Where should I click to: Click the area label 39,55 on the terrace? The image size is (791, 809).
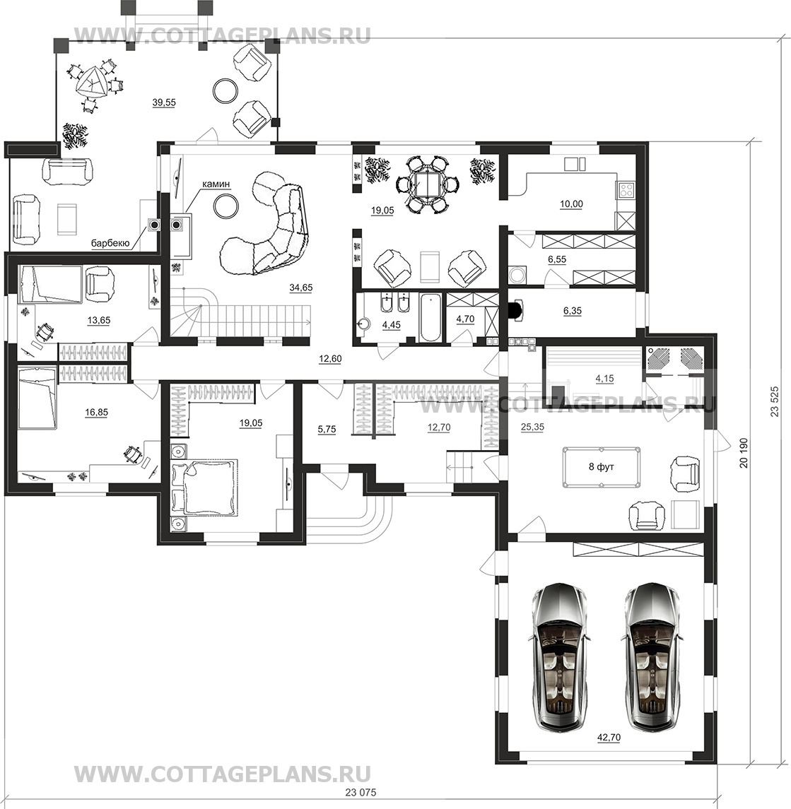pos(164,102)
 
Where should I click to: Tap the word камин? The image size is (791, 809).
pos(216,183)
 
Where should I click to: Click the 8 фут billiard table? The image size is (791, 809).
pos(602,468)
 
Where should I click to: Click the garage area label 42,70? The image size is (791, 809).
pos(608,738)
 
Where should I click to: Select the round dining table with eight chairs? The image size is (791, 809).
pos(423,184)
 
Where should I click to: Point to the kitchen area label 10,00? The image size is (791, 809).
pos(571,204)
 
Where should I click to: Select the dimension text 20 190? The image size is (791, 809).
pos(744,453)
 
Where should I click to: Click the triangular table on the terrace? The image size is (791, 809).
pos(93,83)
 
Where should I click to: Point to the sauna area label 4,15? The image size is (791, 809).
pos(604,378)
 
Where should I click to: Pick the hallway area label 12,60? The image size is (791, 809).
pos(330,359)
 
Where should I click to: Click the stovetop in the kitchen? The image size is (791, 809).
pos(626,189)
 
